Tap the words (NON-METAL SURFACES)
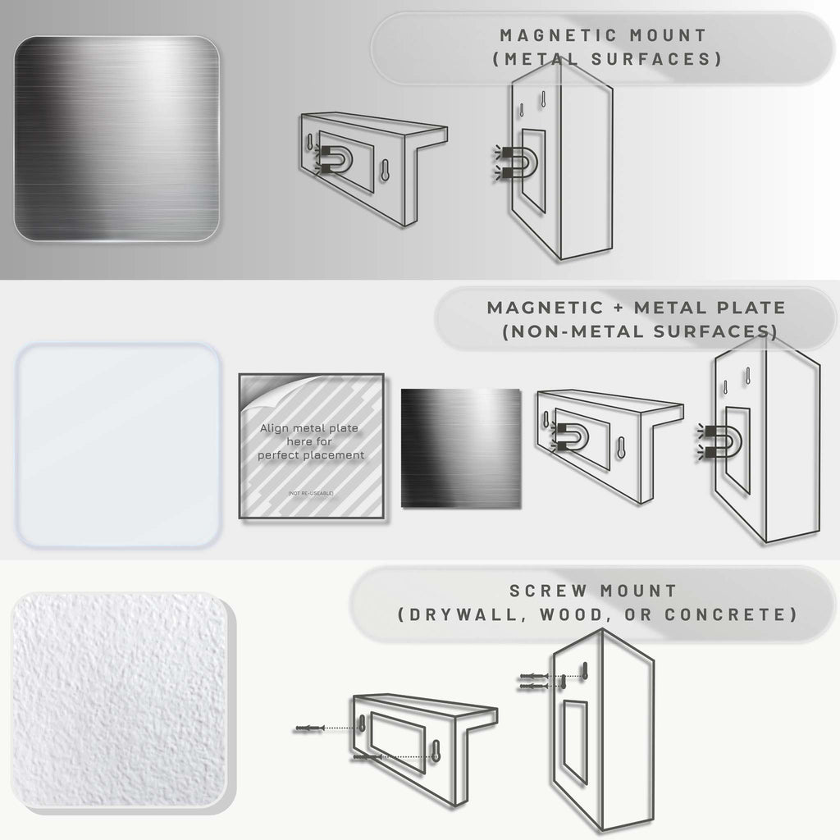639,331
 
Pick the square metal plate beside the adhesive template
460,446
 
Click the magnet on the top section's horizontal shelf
331,157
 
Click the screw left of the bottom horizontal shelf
309,728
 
